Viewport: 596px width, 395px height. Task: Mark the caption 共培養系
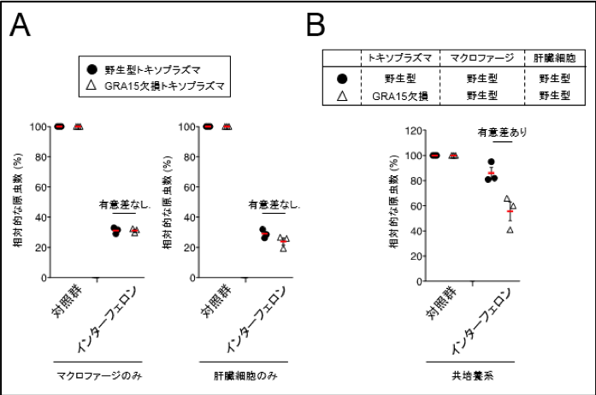pyautogui.click(x=469, y=375)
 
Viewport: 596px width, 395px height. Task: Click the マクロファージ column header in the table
pyautogui.click(x=479, y=56)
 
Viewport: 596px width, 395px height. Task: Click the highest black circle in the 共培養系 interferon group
pyautogui.click(x=492, y=162)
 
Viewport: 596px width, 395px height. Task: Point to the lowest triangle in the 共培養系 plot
pyautogui.click(x=510, y=229)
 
